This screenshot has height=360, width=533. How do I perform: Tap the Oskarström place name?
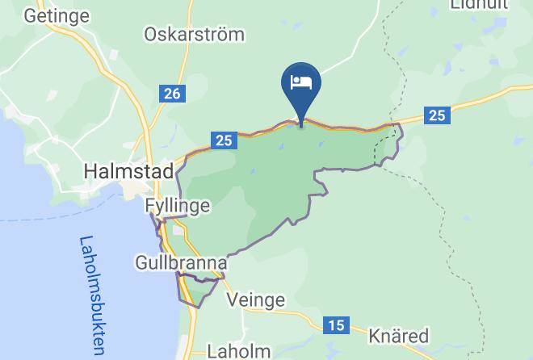[x=194, y=35]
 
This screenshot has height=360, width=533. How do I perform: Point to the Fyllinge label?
[x=178, y=206]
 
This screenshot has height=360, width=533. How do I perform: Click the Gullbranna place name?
[x=181, y=263]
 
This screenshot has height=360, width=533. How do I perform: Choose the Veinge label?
[x=255, y=300]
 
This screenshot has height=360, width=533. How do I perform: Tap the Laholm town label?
[x=239, y=351]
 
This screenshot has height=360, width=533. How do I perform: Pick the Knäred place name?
[x=398, y=335]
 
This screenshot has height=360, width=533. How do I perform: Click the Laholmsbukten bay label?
[x=93, y=295]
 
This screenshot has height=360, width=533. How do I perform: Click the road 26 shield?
[x=171, y=94]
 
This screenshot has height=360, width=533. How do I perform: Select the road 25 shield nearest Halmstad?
[x=225, y=140]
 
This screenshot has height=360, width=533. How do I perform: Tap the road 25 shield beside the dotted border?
[x=437, y=115]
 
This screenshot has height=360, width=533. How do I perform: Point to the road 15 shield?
[x=336, y=325]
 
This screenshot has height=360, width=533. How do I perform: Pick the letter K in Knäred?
[x=374, y=335]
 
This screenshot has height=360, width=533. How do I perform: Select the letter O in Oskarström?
[x=150, y=35]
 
